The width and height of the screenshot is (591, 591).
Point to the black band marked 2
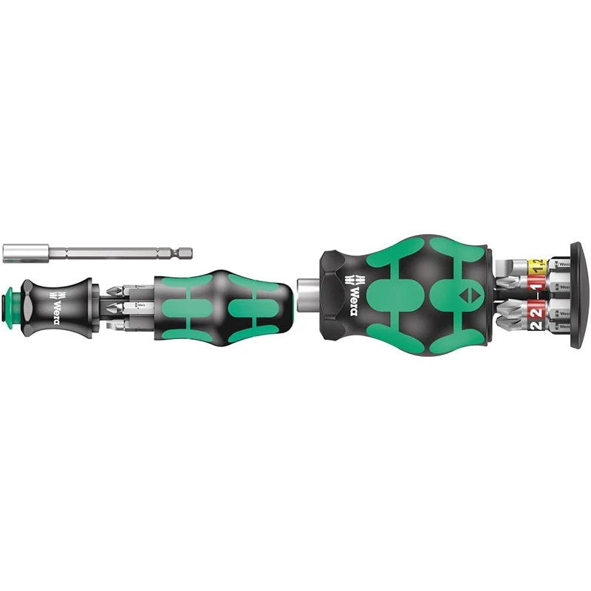(x=536, y=326)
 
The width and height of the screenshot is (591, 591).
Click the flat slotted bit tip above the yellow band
(x=509, y=264)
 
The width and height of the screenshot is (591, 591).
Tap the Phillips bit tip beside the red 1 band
(x=510, y=281)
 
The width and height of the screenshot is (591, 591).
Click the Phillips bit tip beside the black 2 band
(x=510, y=326)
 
